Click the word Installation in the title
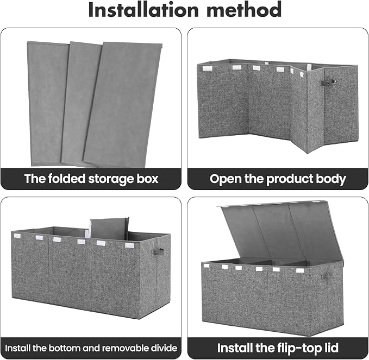(x=143, y=10)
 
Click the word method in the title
(x=244, y=10)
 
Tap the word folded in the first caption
(x=67, y=179)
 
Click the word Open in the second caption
(x=226, y=179)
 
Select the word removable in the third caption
(x=127, y=348)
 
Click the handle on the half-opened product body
(x=327, y=82)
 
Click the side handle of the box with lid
(x=327, y=276)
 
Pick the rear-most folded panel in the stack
(x=47, y=104)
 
